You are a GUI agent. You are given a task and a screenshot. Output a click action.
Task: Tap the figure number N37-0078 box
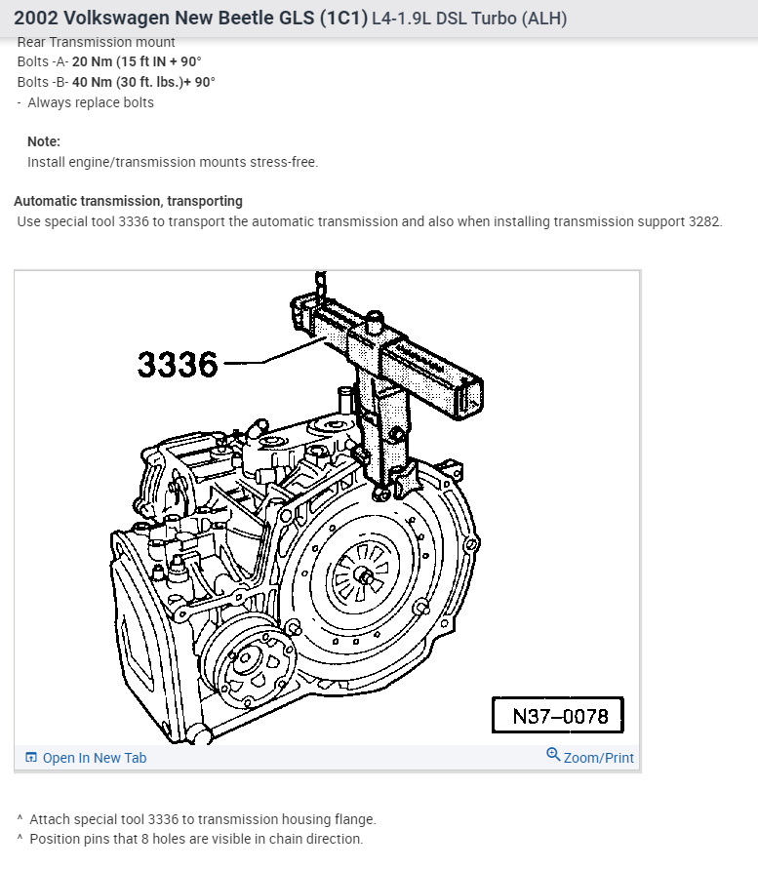coord(558,715)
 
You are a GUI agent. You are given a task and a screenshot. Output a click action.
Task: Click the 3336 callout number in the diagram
coord(178,365)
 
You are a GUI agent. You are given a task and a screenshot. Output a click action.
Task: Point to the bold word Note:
coord(44,141)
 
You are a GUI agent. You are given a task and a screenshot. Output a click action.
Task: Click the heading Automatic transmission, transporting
coord(128,201)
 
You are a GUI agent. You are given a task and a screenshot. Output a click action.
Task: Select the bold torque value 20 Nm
coord(92,61)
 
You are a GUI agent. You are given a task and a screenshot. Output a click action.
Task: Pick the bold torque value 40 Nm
coord(92,82)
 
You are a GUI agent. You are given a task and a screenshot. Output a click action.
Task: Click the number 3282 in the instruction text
coord(703,221)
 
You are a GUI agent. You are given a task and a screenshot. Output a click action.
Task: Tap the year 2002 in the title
coord(35,19)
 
